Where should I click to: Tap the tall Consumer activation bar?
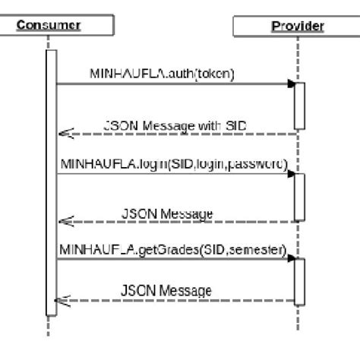51,182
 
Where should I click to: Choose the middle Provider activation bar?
299,197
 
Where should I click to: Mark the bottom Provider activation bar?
299,282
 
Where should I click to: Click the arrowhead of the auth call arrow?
290,84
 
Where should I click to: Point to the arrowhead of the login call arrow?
290,174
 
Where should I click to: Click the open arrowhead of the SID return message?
65,134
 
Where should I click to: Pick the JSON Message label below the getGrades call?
166,290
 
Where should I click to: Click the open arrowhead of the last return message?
65,302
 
